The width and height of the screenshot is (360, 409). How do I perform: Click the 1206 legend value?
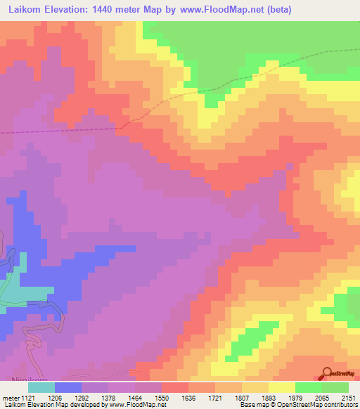[x=65, y=398]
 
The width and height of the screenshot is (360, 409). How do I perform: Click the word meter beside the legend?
[x=11, y=398]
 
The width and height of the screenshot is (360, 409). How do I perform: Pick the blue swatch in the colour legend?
[x=67, y=387]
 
